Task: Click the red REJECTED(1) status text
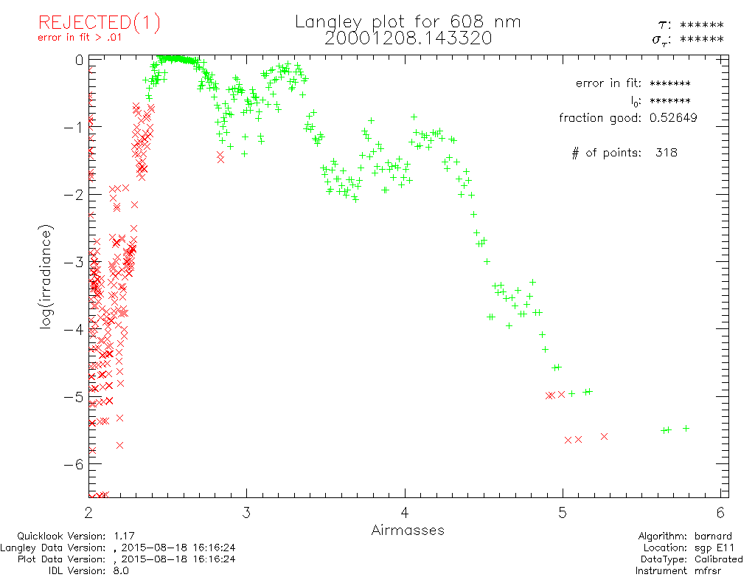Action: (x=100, y=23)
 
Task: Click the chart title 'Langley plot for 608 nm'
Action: (x=408, y=22)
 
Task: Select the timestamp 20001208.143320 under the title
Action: (x=408, y=38)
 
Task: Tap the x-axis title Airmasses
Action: (x=408, y=530)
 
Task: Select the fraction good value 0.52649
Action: (x=672, y=117)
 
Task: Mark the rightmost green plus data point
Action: (x=686, y=428)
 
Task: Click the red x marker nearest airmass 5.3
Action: (x=604, y=436)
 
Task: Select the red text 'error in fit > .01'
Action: (x=79, y=38)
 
